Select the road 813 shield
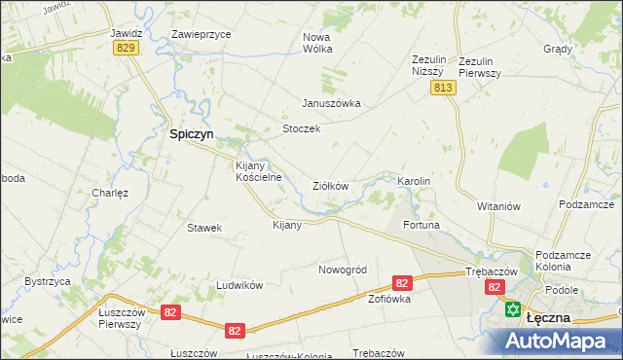(x=443, y=89)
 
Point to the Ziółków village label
(x=330, y=185)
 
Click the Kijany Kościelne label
(x=258, y=171)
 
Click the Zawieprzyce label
(x=201, y=33)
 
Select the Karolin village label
(x=413, y=181)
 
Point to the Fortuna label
(x=422, y=225)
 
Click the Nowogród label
(x=342, y=269)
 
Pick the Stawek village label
(x=204, y=228)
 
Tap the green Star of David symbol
(x=513, y=309)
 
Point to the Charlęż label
(x=110, y=193)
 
